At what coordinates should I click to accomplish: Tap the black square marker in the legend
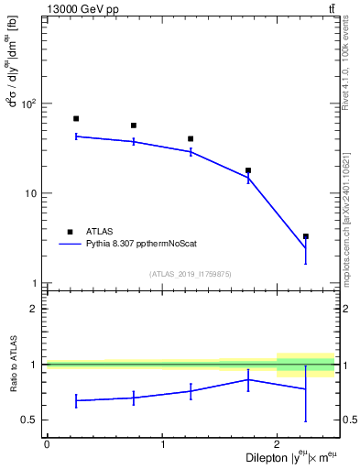[x=70, y=232]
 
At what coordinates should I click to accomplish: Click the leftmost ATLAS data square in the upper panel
[x=76, y=118]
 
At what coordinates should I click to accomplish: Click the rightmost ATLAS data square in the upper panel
[x=306, y=236]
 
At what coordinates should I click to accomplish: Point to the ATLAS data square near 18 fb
[x=248, y=170]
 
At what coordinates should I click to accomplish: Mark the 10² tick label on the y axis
[x=33, y=104]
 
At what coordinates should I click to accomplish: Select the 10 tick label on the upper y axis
[x=35, y=193]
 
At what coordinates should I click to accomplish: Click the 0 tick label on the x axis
[x=47, y=444]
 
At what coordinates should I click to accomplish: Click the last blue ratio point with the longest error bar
[x=306, y=388]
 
